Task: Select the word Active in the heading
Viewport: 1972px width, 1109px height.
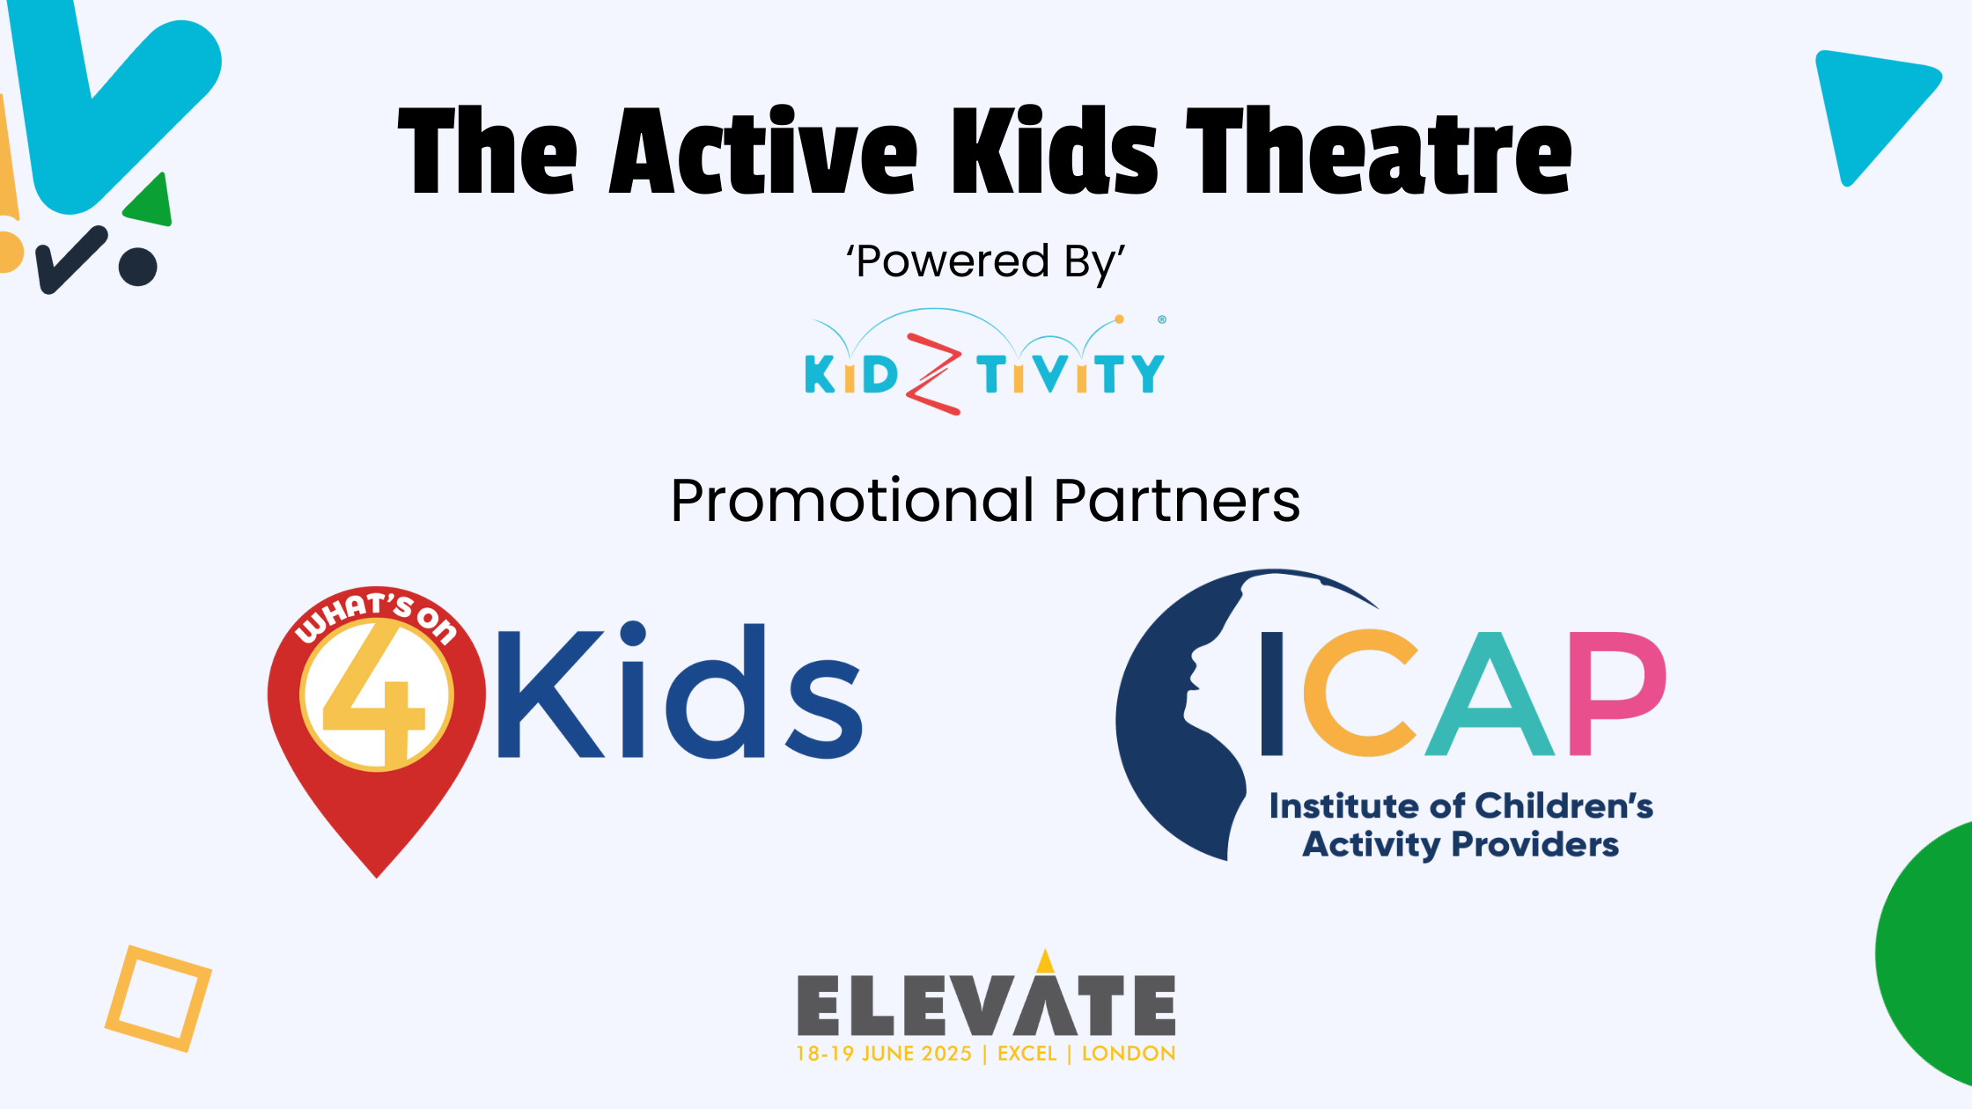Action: coord(763,151)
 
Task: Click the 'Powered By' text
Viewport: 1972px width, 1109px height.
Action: coord(986,261)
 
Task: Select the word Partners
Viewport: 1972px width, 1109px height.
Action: coord(1177,501)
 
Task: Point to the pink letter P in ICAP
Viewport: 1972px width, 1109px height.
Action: coord(1617,694)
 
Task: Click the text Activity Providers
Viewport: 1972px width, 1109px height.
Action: coord(1461,844)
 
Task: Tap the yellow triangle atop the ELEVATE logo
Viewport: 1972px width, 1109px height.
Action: coord(1045,961)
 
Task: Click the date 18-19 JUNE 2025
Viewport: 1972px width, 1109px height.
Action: coord(884,1054)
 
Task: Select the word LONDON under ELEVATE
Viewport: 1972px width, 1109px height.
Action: coord(1129,1054)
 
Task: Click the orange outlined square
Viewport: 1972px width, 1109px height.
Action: coord(158,998)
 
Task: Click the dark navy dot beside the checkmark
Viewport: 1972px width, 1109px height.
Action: coord(138,267)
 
